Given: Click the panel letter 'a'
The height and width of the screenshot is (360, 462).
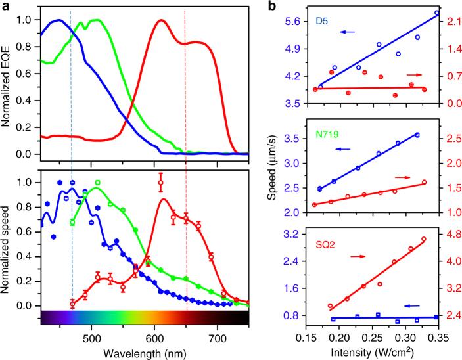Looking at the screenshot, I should [x=5, y=6].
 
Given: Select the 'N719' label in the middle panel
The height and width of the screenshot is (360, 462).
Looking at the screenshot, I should [x=330, y=128].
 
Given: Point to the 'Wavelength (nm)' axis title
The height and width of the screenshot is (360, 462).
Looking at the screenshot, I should [x=144, y=350].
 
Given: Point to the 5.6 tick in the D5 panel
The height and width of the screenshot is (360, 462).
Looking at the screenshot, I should [x=294, y=21].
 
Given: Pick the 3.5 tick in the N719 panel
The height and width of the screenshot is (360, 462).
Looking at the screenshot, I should [x=294, y=139].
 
